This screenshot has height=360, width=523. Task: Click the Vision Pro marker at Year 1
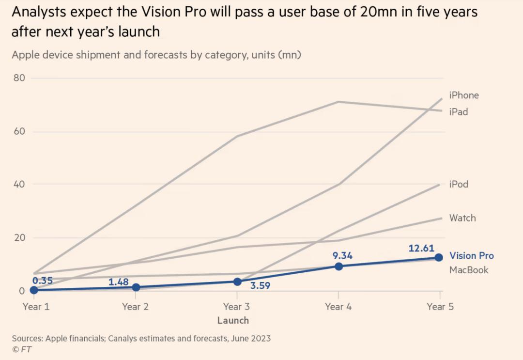(33, 290)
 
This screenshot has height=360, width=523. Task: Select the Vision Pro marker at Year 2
(136, 287)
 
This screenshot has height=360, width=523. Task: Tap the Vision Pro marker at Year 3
(237, 282)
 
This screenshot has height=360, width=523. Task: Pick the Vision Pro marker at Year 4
(338, 266)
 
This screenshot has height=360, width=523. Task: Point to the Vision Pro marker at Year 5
(439, 257)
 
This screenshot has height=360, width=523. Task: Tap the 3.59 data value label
(260, 285)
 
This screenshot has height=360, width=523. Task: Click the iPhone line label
(464, 95)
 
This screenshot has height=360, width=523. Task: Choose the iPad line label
(459, 111)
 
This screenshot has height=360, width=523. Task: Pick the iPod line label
(459, 184)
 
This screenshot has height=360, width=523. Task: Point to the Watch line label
(462, 218)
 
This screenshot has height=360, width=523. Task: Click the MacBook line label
(469, 270)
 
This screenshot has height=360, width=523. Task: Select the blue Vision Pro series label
(472, 256)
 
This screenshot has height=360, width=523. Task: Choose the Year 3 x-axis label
(237, 306)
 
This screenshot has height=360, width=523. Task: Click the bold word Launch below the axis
(233, 320)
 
